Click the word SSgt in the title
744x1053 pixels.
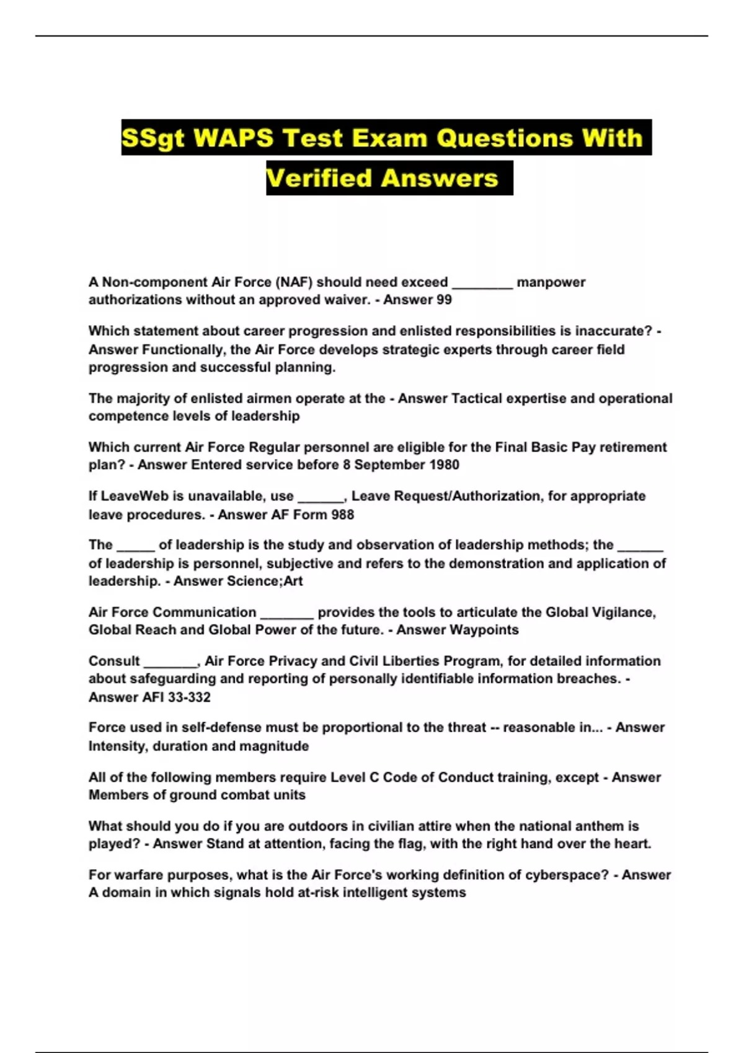click(x=153, y=138)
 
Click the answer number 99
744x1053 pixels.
click(x=443, y=300)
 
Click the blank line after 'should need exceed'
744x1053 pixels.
click(x=482, y=284)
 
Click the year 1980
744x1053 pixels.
click(x=441, y=465)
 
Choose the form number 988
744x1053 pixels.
click(x=342, y=515)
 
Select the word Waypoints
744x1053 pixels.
click(x=484, y=630)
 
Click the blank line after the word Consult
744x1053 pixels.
click(x=170, y=663)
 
